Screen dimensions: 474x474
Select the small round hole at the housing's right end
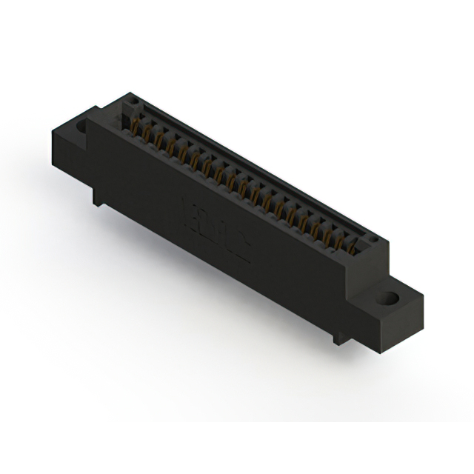(x=373, y=241)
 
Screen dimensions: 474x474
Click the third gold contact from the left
(x=160, y=141)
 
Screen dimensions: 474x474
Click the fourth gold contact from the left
(x=172, y=147)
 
